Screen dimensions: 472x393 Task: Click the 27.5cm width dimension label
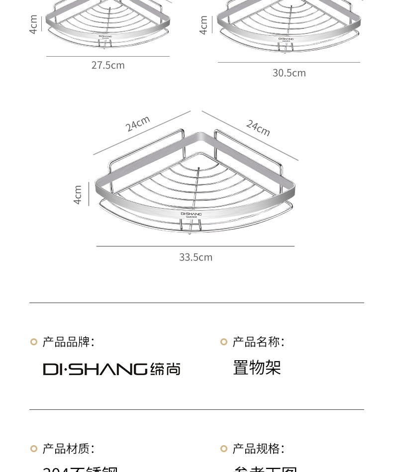pos(108,65)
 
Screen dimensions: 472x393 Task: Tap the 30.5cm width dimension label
pos(289,73)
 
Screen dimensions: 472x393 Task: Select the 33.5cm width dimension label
pos(196,257)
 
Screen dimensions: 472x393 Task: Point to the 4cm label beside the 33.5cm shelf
pos(78,195)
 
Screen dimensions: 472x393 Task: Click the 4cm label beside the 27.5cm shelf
pos(33,24)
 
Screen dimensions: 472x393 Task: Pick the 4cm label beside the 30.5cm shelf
pos(203,25)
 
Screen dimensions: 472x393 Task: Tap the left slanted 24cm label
pos(137,123)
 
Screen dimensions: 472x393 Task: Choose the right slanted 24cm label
pos(258,128)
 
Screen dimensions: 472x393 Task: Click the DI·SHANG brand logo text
pos(95,369)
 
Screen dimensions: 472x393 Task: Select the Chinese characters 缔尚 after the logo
pos(165,369)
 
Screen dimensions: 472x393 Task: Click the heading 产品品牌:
pos(68,342)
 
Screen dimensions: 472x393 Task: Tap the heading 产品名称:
pos(258,342)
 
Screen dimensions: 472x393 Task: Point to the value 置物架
pos(257,368)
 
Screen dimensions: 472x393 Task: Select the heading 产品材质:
pos(68,449)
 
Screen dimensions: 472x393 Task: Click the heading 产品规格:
pos(258,449)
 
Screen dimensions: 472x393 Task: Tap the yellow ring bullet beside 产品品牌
pos(34,342)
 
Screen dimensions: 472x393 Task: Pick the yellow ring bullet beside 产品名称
pos(224,342)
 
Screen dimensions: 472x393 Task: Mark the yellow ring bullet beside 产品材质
pos(34,449)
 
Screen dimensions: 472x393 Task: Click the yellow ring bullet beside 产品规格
pos(224,449)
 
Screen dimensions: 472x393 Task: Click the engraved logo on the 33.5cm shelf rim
pos(191,215)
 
